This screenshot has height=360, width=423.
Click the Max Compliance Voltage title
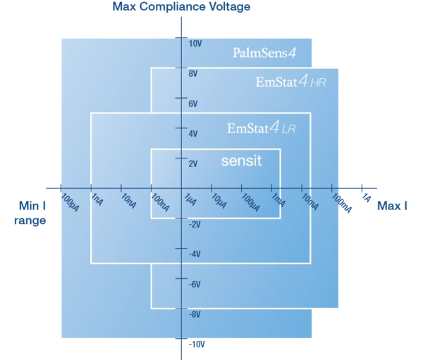point(181,7)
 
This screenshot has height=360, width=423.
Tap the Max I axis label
point(392,206)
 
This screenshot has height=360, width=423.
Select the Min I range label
point(30,213)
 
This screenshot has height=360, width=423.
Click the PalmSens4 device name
point(264,53)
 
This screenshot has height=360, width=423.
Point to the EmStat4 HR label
point(290,82)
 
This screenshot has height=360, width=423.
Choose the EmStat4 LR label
point(262,128)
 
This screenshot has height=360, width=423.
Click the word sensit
point(241,161)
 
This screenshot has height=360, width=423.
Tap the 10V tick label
point(195,44)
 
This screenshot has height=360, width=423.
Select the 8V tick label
point(193,73)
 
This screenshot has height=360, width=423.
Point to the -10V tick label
point(197,345)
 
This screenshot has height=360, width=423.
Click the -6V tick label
point(195,284)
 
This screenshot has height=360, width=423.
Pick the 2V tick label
point(193,163)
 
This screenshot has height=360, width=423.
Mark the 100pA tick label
point(70,202)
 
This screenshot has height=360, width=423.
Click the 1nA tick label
point(97,199)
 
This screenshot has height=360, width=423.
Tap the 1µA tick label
point(190,199)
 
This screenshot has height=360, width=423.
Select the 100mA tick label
point(341,203)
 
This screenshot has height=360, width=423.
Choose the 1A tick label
point(366,198)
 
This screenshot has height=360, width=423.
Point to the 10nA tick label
point(128,201)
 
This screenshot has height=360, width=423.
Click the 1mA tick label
point(278,200)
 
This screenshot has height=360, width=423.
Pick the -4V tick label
point(195,254)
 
